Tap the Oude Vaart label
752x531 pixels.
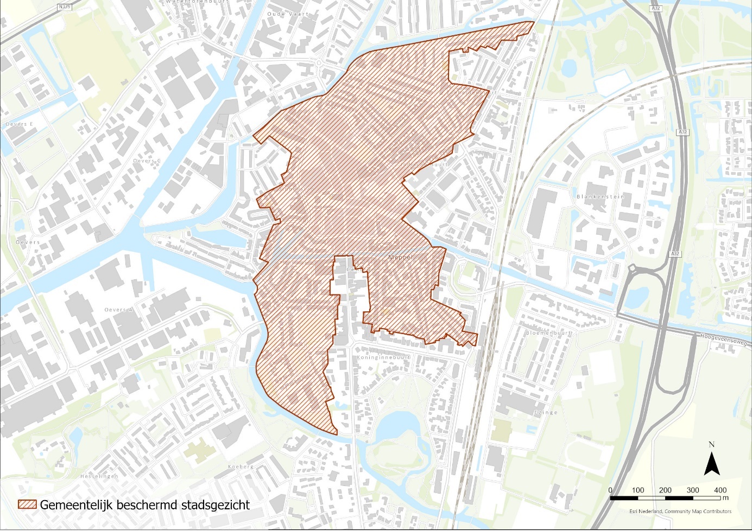(287, 14)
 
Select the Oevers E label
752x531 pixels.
(20, 124)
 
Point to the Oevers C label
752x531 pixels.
(147, 161)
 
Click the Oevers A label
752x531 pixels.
(118, 310)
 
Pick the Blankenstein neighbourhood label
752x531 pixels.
(600, 196)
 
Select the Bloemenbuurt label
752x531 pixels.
(548, 333)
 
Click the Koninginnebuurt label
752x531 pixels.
(383, 357)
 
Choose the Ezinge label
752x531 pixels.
(545, 412)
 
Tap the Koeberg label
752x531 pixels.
(241, 466)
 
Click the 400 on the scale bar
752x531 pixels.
(720, 490)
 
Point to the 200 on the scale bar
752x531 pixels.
(665, 490)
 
